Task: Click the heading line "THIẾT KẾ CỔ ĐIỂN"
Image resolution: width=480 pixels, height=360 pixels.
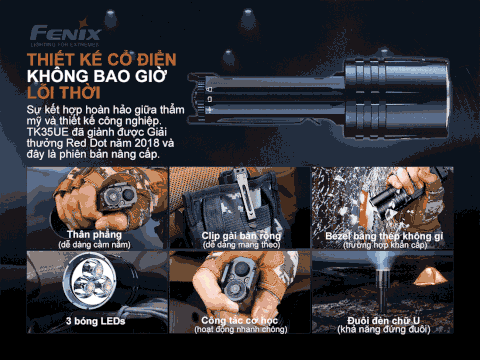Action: pyautogui.click(x=94, y=58)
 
